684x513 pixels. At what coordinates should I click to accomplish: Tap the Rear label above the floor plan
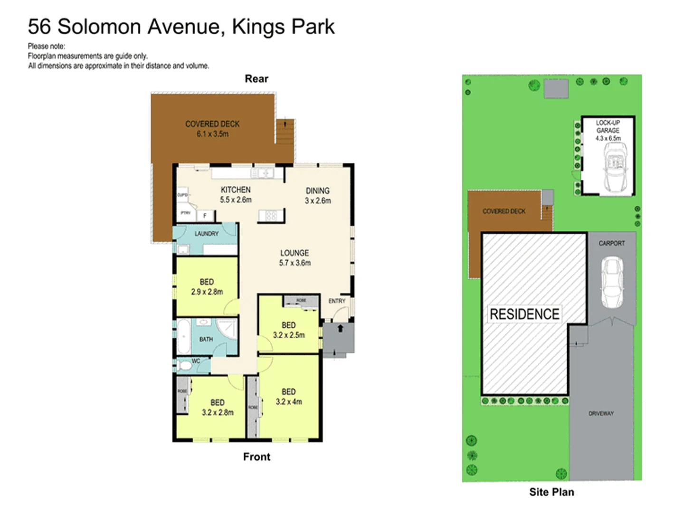(256, 79)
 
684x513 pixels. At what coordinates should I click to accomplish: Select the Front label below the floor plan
(256, 456)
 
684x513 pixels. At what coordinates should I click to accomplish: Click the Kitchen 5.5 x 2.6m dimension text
(236, 200)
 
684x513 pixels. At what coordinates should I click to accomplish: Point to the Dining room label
(317, 190)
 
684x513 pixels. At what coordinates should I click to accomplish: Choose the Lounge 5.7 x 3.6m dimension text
(294, 263)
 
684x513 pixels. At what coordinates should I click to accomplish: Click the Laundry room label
(207, 234)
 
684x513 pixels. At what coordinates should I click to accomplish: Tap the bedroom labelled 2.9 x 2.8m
(207, 287)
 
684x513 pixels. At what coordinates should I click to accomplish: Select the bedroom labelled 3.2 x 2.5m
(289, 330)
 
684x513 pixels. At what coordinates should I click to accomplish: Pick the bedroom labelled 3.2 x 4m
(289, 397)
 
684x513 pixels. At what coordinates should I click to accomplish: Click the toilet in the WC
(183, 366)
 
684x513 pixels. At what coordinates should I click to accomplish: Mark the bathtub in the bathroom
(183, 336)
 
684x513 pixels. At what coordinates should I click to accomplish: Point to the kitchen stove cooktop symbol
(271, 216)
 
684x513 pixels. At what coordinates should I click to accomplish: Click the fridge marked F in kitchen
(205, 216)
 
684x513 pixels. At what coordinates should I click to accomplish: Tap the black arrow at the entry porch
(340, 328)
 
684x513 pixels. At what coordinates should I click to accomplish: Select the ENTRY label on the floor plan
(337, 301)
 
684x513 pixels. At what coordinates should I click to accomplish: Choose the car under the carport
(612, 283)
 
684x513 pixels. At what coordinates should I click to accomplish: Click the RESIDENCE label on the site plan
(524, 314)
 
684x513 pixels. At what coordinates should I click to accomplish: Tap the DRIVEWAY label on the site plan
(601, 413)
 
